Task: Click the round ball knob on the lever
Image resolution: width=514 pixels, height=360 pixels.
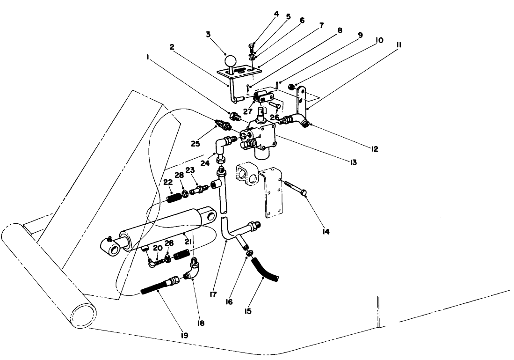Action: pos(231,60)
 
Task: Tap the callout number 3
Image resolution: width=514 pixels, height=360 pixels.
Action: pos(208,34)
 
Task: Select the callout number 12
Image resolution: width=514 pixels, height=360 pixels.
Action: pos(375,150)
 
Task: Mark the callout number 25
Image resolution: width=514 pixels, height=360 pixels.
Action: pos(195,144)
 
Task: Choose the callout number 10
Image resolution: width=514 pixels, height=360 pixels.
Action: pos(379,40)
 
